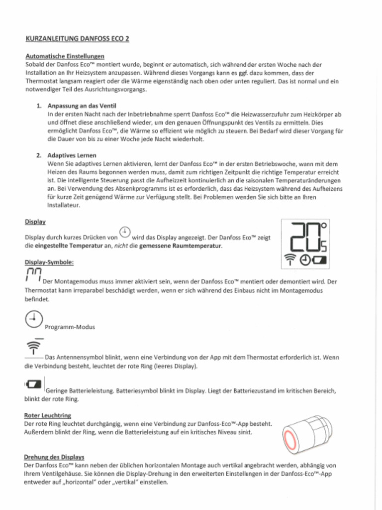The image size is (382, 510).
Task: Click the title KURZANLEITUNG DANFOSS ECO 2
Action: (x=77, y=38)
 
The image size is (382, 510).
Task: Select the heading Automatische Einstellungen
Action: (x=65, y=56)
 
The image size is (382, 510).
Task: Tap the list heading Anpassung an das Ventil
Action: (x=82, y=106)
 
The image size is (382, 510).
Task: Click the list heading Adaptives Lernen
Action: (x=72, y=155)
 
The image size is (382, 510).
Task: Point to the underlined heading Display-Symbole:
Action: (x=49, y=262)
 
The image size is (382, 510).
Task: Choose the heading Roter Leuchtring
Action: (x=48, y=415)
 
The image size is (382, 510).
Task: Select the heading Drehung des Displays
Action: (x=54, y=457)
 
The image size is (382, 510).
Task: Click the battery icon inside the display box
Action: (x=321, y=259)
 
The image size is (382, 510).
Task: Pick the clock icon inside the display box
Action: (x=305, y=259)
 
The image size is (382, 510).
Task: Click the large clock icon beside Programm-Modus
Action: (x=33, y=319)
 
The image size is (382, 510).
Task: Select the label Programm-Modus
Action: (x=70, y=327)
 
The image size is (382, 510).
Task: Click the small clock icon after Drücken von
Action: (x=125, y=232)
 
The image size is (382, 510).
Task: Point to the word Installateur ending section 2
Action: (x=64, y=205)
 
